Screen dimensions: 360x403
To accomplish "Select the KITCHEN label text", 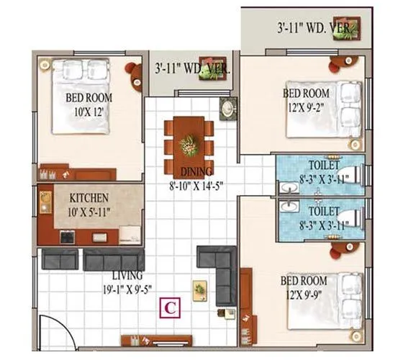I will pos(89,197).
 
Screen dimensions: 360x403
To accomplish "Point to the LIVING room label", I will pos(127,276).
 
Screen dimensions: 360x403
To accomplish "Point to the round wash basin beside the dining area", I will pos(227,109).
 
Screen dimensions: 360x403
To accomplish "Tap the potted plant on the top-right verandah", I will pos(352,27).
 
